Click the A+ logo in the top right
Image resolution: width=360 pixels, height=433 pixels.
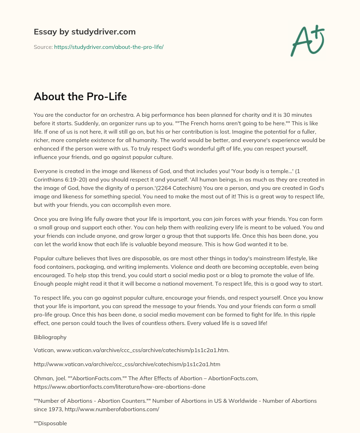coord(307,40)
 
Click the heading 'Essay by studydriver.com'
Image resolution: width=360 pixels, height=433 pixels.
coord(84,32)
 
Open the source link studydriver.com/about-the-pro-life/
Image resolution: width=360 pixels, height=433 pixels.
coord(109,47)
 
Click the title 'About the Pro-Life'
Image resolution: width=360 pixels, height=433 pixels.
coord(80,97)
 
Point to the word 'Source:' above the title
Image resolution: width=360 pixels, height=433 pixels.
coord(43,47)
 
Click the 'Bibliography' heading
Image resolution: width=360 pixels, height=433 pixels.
coord(50,337)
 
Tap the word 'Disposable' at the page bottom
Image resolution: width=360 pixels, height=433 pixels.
coord(52,424)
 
